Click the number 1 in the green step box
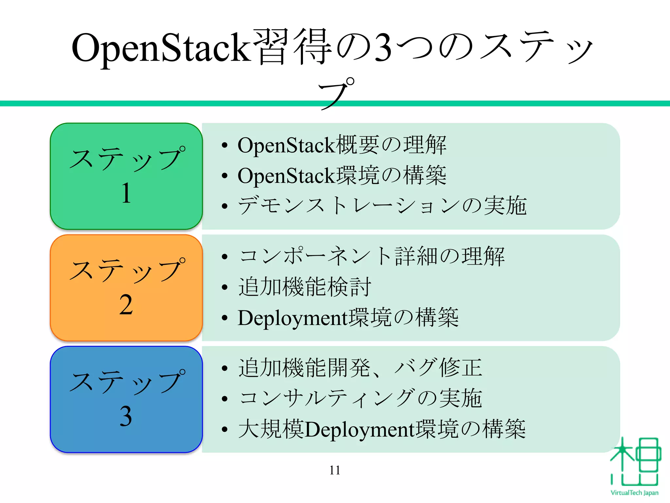(126, 193)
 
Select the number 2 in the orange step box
(126, 305)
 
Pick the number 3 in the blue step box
(126, 417)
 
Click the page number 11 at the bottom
(335, 470)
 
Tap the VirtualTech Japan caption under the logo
(634, 493)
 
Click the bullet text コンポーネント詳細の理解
(371, 256)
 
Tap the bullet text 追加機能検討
(305, 287)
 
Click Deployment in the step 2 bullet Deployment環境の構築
(292, 318)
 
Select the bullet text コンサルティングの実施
(360, 399)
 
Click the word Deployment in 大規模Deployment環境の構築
(360, 429)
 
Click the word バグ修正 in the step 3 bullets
(438, 367)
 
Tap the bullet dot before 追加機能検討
(224, 287)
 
